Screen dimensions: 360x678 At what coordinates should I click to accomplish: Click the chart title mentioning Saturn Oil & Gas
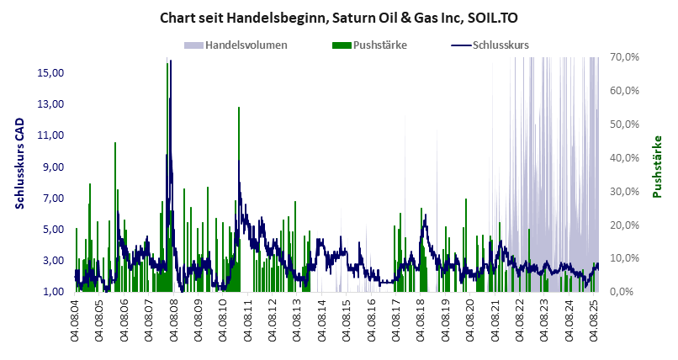tap(338, 16)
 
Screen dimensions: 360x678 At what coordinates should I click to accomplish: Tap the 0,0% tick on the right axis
tap(629, 292)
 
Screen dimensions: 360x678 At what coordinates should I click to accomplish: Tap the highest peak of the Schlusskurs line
tap(170, 62)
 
